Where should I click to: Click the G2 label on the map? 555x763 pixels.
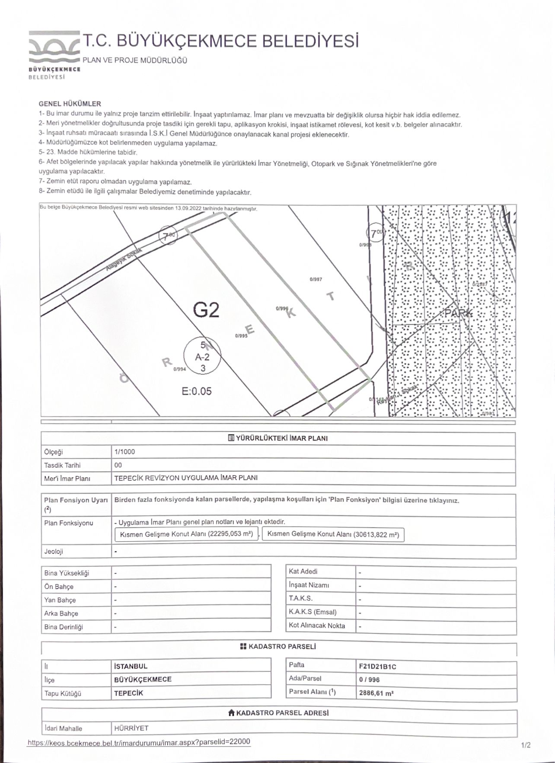tap(206, 310)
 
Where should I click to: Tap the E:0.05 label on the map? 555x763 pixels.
tap(197, 391)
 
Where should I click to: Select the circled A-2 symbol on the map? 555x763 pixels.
tap(202, 357)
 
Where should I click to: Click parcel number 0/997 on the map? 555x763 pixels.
tap(316, 279)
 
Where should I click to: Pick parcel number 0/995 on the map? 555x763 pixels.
tap(241, 335)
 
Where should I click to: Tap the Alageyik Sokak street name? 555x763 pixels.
tap(121, 260)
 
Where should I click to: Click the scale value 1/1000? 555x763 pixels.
tap(124, 452)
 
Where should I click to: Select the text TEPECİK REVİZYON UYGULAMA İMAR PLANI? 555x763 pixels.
tap(186, 478)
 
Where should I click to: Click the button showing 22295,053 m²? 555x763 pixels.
tap(186, 534)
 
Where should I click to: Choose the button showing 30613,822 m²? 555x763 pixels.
tap(333, 534)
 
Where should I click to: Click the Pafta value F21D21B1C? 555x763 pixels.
tap(377, 666)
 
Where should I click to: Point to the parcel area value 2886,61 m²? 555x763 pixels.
tap(376, 693)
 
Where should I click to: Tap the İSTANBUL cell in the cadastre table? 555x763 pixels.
tap(131, 666)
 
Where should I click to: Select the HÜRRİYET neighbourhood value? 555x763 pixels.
tap(131, 728)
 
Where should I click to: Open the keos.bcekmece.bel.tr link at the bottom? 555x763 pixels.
tap(139, 742)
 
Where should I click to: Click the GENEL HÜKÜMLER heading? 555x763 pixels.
tap(70, 104)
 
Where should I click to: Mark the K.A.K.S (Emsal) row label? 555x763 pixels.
tap(313, 612)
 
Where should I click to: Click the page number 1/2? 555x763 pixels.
tap(526, 745)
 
